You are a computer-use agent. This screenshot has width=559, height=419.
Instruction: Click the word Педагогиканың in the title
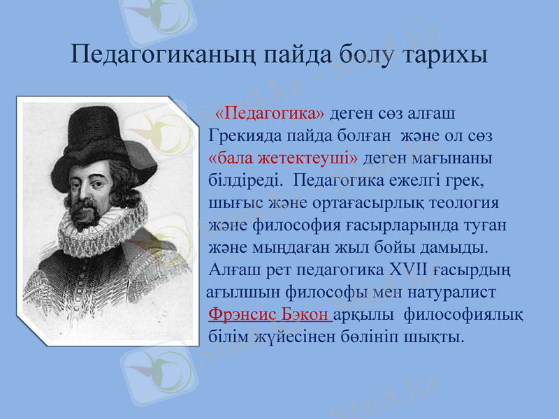(162, 54)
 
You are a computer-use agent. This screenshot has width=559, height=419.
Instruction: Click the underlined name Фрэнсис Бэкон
(271, 314)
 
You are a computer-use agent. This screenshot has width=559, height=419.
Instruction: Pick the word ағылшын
(238, 292)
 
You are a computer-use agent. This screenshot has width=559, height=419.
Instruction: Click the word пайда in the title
(297, 54)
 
